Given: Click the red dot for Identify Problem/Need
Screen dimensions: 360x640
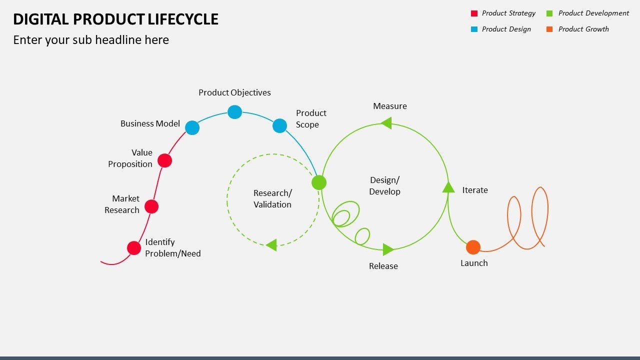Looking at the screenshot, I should coord(134,248).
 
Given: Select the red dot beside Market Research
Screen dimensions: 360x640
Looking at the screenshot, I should coord(151,206).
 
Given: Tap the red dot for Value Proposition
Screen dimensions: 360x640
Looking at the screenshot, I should coord(164,160).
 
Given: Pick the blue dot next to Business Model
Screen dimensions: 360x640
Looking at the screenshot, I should coord(192,127).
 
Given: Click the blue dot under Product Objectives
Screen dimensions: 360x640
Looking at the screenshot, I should coord(234,112).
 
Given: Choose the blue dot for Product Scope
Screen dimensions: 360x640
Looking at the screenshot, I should coord(279,125).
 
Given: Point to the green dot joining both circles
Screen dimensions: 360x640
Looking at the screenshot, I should coord(319,182).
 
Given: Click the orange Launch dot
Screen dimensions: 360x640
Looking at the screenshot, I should coord(473,247).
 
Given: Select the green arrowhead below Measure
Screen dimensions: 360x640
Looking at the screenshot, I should coord(386,123).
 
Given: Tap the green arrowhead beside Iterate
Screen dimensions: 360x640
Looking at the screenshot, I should coord(448,187).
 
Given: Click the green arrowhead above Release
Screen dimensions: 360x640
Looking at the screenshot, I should coord(388,249).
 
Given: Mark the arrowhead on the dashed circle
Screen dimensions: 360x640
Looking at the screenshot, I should coord(271,245).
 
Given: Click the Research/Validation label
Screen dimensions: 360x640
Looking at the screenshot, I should coord(272,198).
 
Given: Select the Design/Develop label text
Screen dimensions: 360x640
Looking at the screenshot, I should coord(384,185).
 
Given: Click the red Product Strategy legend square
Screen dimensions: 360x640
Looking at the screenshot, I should coord(474,13).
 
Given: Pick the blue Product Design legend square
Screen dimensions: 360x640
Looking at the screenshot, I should coord(474,29).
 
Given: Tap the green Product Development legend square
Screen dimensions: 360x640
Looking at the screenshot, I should coord(550,13).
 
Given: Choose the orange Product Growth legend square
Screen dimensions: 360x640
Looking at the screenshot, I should coord(550,29).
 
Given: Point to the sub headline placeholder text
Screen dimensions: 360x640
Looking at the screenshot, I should coord(91,40).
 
